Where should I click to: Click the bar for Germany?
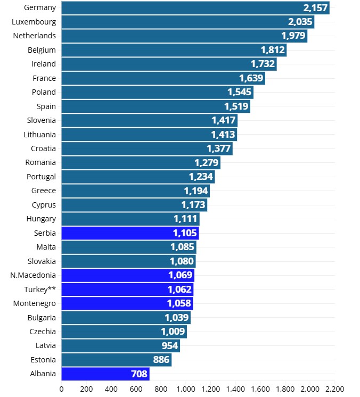pyautogui.click(x=195, y=8)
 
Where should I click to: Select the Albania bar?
pyautogui.click(x=105, y=374)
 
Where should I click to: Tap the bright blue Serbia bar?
pyautogui.click(x=129, y=233)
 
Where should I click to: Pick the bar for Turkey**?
pyautogui.click(x=127, y=290)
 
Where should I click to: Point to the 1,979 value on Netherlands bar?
pyautogui.click(x=294, y=36)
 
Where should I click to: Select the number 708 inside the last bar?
pyautogui.click(x=139, y=374)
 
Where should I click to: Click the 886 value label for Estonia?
pyautogui.click(x=161, y=360)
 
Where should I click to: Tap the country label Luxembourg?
pyautogui.click(x=34, y=22)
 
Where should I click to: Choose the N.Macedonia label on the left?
pyautogui.click(x=33, y=275)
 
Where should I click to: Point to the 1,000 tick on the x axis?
pyautogui.click(x=186, y=389)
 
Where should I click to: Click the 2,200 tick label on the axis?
pyautogui.click(x=334, y=389)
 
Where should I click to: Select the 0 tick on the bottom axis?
pyautogui.click(x=62, y=389)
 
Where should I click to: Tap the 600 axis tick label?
pyautogui.click(x=136, y=389)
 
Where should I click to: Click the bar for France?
pyautogui.click(x=163, y=78)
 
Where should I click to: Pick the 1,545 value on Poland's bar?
pyautogui.click(x=239, y=92)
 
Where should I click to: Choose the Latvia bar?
pyautogui.click(x=120, y=346)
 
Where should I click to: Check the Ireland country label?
pyautogui.click(x=44, y=64)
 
